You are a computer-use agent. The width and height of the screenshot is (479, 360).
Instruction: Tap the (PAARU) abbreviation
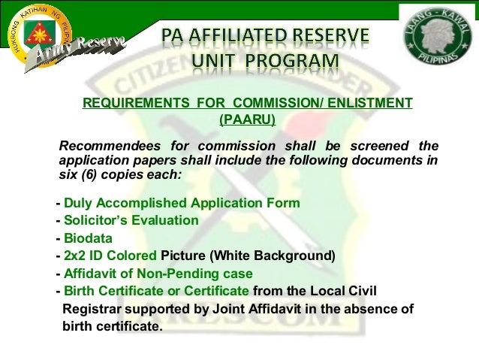click(x=247, y=119)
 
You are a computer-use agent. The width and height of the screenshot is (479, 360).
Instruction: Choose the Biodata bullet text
click(x=88, y=238)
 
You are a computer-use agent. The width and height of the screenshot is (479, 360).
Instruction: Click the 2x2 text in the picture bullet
click(x=76, y=256)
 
